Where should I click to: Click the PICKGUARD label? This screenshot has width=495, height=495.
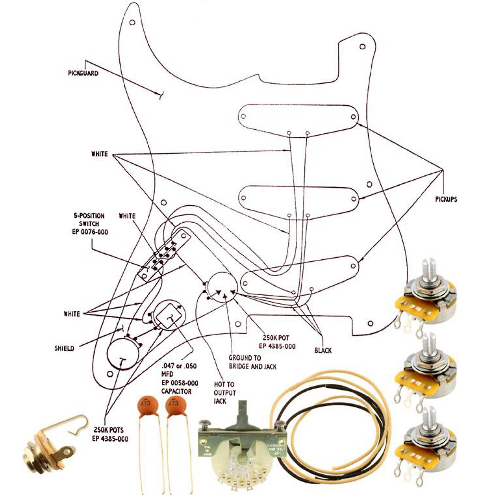[83, 73]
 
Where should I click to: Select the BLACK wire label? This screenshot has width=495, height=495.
[323, 350]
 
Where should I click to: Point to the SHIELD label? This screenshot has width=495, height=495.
[64, 348]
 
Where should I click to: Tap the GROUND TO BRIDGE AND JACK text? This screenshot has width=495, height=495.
[252, 362]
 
